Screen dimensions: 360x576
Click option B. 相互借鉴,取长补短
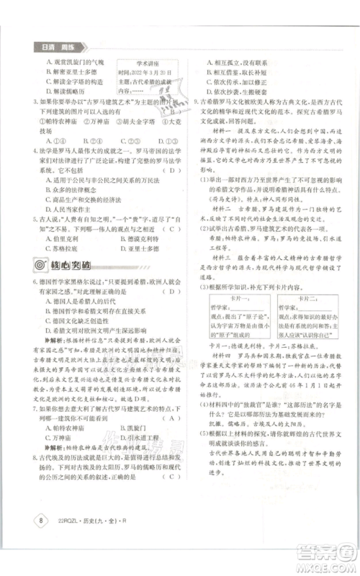[238, 73]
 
